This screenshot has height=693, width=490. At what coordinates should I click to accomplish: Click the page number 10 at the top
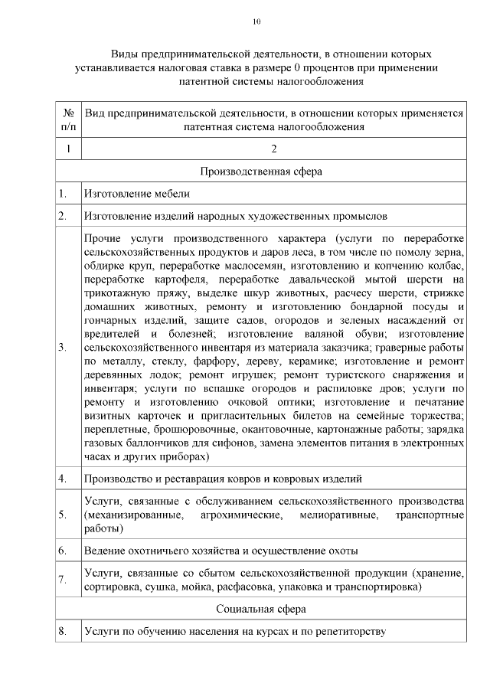click(x=257, y=21)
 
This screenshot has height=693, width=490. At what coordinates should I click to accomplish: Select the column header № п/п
click(x=68, y=119)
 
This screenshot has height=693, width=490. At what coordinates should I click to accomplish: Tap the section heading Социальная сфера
click(x=261, y=609)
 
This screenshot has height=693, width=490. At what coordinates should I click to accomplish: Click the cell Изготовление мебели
click(x=137, y=194)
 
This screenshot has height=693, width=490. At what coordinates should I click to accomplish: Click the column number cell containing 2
click(x=273, y=149)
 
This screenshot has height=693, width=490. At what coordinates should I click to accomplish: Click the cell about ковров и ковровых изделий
click(x=223, y=479)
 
